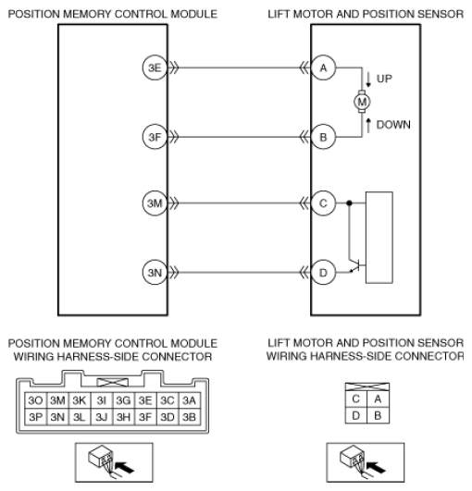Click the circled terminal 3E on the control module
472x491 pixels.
point(155,68)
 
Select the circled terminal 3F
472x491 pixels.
point(155,137)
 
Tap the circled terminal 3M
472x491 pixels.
point(155,203)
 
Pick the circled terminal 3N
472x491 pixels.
point(155,273)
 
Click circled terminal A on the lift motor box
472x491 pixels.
point(323,68)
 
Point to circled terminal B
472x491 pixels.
point(323,137)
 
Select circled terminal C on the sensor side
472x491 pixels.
point(323,203)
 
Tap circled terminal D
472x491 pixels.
point(323,273)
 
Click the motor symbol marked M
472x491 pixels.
point(362,102)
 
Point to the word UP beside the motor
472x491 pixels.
point(384,79)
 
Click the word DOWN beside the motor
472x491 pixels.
point(393,125)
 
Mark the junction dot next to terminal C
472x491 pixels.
point(350,203)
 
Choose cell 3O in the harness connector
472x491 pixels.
point(36,400)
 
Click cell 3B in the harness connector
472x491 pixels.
point(190,417)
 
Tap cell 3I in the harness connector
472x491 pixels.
point(102,400)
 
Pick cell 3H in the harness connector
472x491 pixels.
point(123,417)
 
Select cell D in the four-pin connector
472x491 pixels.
point(356,415)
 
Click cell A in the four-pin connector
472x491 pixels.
point(378,399)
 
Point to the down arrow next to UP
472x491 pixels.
point(368,80)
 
